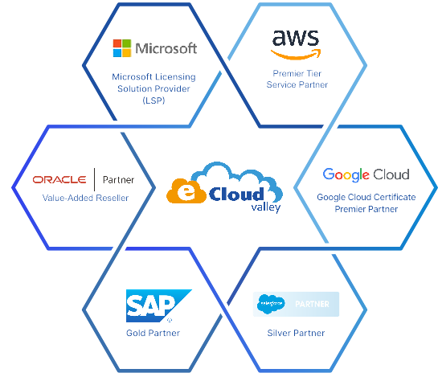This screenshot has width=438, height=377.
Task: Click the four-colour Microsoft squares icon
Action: pos(122,48)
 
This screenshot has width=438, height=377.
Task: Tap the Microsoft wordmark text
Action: pos(166,48)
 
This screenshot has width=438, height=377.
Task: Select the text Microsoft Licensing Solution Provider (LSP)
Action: pos(154,88)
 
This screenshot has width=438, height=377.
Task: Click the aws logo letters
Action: pos(297,39)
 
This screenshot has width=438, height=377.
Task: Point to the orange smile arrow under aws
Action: pos(297,55)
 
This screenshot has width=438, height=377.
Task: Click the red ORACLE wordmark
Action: pos(60,179)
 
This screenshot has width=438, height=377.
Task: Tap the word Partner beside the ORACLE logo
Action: pos(118,179)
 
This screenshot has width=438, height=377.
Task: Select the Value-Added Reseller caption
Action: pos(85,198)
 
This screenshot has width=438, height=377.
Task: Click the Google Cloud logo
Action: pos(366,174)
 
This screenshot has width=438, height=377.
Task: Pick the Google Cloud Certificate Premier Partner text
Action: pos(366,203)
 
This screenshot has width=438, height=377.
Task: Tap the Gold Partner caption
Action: pos(153,333)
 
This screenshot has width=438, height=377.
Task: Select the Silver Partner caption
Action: pos(296,333)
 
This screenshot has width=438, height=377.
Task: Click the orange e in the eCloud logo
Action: pos(184,193)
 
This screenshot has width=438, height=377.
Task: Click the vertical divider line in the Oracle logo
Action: pos(94,179)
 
